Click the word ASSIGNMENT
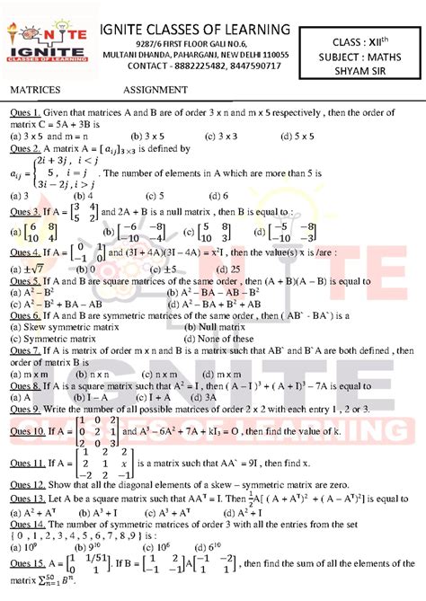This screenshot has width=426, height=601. coord(155,91)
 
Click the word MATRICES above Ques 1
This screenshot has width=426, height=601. coord(35,91)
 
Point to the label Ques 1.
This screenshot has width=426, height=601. coord(24,113)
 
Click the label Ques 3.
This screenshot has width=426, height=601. coord(24,211)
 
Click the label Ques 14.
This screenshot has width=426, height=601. coord(27,522)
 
